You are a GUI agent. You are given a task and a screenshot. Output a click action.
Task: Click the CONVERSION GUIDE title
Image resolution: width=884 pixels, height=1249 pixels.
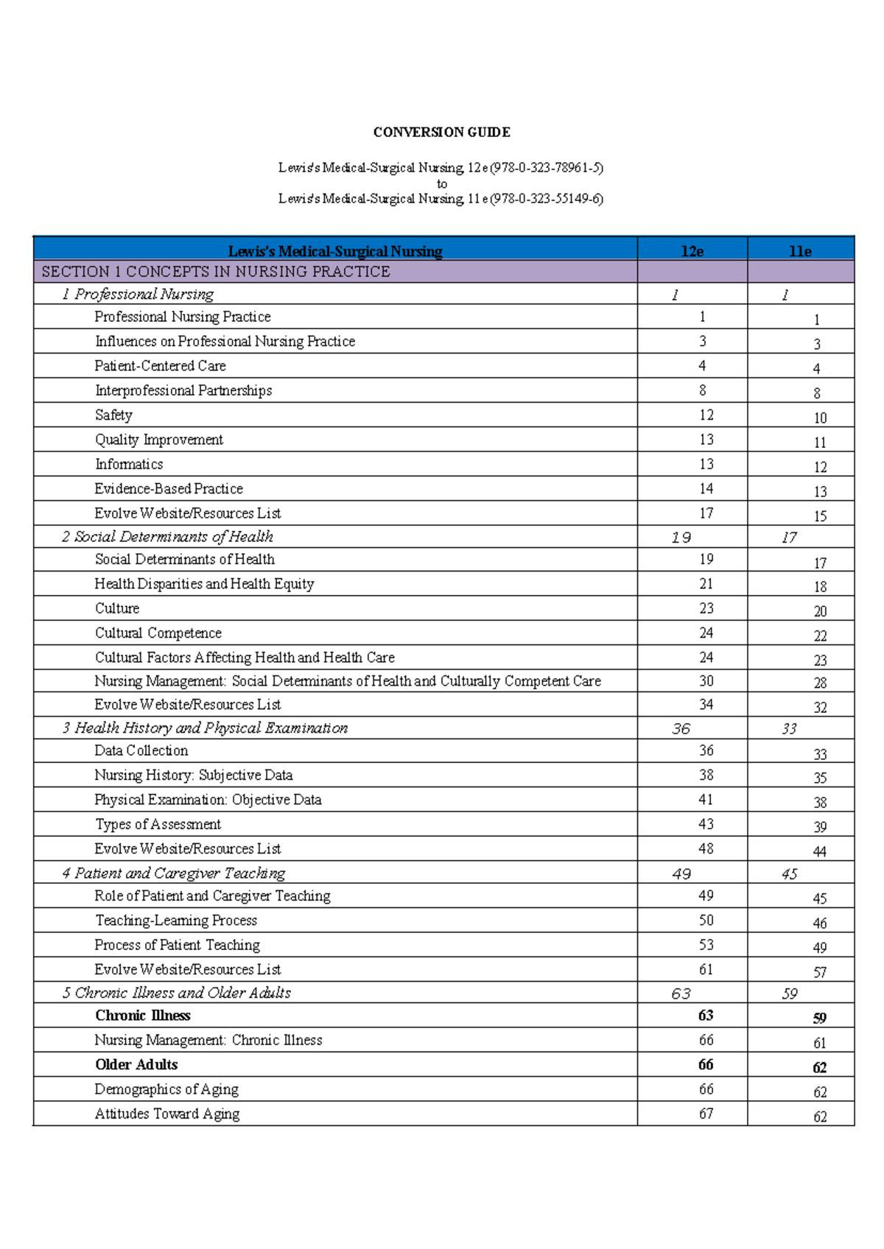tap(441, 133)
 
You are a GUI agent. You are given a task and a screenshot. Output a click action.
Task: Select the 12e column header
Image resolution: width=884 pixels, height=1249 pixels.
tap(692, 251)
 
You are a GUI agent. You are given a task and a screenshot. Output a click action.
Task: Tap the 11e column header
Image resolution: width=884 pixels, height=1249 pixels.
tap(800, 251)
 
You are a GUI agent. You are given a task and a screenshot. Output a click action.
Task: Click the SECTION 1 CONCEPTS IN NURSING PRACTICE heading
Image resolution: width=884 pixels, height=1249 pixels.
tap(216, 272)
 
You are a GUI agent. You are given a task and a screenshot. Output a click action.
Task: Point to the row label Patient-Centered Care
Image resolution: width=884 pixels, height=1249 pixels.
tap(160, 366)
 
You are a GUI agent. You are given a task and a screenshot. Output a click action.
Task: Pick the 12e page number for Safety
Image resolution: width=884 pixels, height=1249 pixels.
tap(706, 415)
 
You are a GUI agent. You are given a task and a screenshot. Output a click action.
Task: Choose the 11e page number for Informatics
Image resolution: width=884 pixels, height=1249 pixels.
tap(820, 467)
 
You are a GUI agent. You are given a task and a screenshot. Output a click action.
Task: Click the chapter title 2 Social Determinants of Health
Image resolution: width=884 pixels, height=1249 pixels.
tap(167, 537)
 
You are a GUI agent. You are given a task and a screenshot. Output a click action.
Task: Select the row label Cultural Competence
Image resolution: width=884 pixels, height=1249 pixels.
tap(158, 633)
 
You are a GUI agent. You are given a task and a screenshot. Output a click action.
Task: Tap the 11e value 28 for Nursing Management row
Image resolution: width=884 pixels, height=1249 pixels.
tap(820, 683)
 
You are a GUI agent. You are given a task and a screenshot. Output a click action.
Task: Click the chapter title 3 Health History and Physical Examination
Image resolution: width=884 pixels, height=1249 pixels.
tap(205, 728)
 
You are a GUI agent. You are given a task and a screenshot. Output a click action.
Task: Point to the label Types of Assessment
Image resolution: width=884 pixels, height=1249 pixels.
tap(158, 825)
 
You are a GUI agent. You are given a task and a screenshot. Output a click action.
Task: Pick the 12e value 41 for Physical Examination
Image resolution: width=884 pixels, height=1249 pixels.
tap(706, 800)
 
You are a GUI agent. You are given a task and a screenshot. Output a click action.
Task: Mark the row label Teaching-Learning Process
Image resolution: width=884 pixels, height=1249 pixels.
tap(176, 921)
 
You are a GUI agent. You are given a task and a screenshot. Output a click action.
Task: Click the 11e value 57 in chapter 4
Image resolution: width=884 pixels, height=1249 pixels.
tap(820, 973)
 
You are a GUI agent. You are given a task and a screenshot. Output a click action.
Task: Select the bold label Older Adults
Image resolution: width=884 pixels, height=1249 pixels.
tap(136, 1065)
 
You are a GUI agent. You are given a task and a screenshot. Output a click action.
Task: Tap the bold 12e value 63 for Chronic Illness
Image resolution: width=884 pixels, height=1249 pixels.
tap(706, 1016)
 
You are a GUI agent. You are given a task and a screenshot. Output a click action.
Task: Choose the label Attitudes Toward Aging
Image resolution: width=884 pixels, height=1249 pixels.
tap(167, 1114)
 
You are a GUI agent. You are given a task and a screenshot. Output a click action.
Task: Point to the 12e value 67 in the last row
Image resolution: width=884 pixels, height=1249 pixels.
tap(706, 1114)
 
